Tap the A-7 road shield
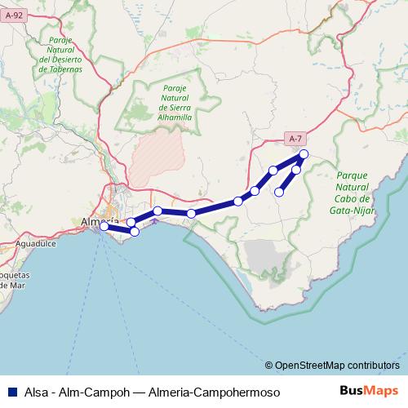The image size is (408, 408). click(x=295, y=139)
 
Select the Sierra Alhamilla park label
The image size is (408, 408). click(x=175, y=103)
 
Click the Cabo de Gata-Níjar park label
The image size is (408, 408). click(x=353, y=193)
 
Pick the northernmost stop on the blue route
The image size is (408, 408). click(x=304, y=154)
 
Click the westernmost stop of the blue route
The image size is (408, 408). click(x=104, y=226)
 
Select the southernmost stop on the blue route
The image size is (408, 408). click(x=135, y=232)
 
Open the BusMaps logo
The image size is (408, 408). click(x=368, y=391)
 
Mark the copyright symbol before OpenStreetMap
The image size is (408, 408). click(x=269, y=365)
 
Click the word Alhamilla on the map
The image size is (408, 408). click(x=175, y=118)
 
